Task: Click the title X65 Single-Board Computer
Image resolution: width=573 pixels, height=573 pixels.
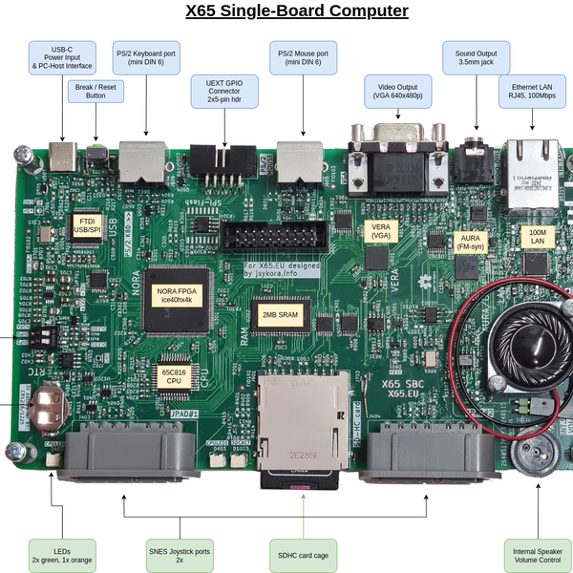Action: point(296,11)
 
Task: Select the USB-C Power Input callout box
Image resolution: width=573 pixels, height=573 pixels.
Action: point(61,58)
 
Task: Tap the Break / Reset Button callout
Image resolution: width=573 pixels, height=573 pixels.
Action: point(95,90)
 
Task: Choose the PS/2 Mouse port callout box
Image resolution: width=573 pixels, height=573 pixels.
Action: point(304,58)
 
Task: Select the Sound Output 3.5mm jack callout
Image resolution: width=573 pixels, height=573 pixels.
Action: point(476,58)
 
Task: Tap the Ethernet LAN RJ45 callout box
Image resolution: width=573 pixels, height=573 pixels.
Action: point(533,92)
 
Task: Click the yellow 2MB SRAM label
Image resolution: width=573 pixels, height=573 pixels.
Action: point(275,312)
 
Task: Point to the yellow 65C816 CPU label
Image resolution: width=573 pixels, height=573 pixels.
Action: point(173,374)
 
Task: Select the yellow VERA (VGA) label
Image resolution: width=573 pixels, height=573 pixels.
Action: point(381,229)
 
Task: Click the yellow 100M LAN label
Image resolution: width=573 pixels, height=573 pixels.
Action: point(536,236)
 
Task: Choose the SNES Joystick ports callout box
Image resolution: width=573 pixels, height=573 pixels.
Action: point(179,555)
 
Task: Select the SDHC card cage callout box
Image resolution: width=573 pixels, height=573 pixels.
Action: point(303,555)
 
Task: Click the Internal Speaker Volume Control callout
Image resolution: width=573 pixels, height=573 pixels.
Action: point(537,555)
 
